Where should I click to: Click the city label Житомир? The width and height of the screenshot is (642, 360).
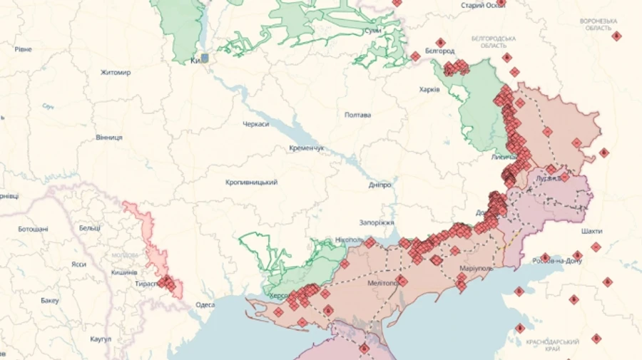tap(115, 73)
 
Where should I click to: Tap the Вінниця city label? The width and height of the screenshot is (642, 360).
tap(109, 137)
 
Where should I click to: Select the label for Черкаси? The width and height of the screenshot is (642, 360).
tap(255, 124)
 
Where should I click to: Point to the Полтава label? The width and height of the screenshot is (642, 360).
tap(357, 115)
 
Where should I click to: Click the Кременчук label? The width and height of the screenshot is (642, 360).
tap(307, 148)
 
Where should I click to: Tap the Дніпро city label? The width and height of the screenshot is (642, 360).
tap(379, 185)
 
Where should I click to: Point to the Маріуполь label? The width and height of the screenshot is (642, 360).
tap(476, 268)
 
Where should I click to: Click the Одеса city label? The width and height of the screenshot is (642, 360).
tap(205, 305)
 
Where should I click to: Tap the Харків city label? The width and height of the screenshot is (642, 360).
tap(429, 90)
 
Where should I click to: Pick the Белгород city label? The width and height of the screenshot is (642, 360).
tap(439, 51)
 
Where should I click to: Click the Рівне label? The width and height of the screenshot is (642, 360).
tap(23, 49)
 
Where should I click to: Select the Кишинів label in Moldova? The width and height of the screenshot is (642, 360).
tap(124, 272)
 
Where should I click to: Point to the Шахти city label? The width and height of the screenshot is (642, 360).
tap(591, 231)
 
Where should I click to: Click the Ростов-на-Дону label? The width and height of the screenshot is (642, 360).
tap(557, 261)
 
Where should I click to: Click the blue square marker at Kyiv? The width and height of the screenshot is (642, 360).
tap(205, 58)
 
